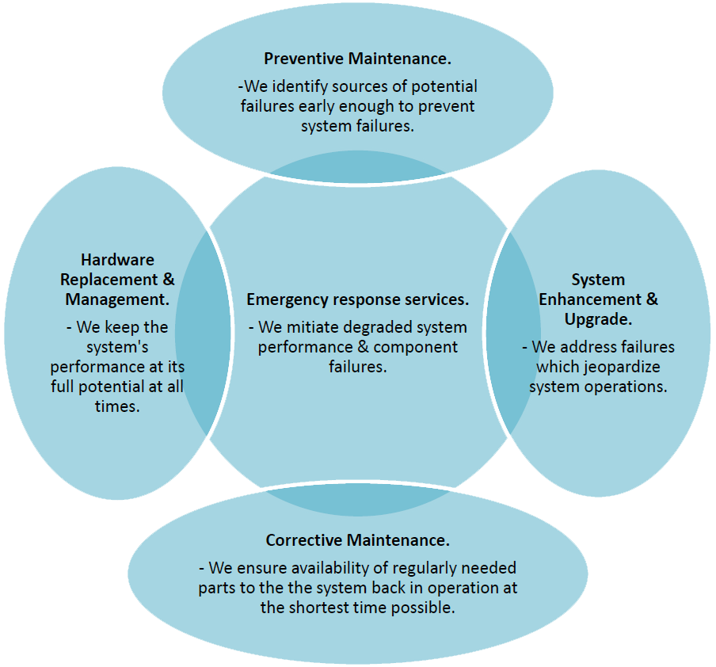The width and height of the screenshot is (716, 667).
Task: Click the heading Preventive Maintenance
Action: click(x=358, y=59)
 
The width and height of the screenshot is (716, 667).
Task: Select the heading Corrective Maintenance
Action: click(x=357, y=540)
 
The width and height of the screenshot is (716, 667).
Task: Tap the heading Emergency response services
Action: click(x=357, y=299)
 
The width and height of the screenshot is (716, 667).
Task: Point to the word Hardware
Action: click(x=117, y=260)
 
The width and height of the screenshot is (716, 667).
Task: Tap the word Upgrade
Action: click(x=597, y=319)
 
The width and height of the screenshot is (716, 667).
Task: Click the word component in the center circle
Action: click(x=416, y=347)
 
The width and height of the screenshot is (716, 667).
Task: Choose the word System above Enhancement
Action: click(x=598, y=280)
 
